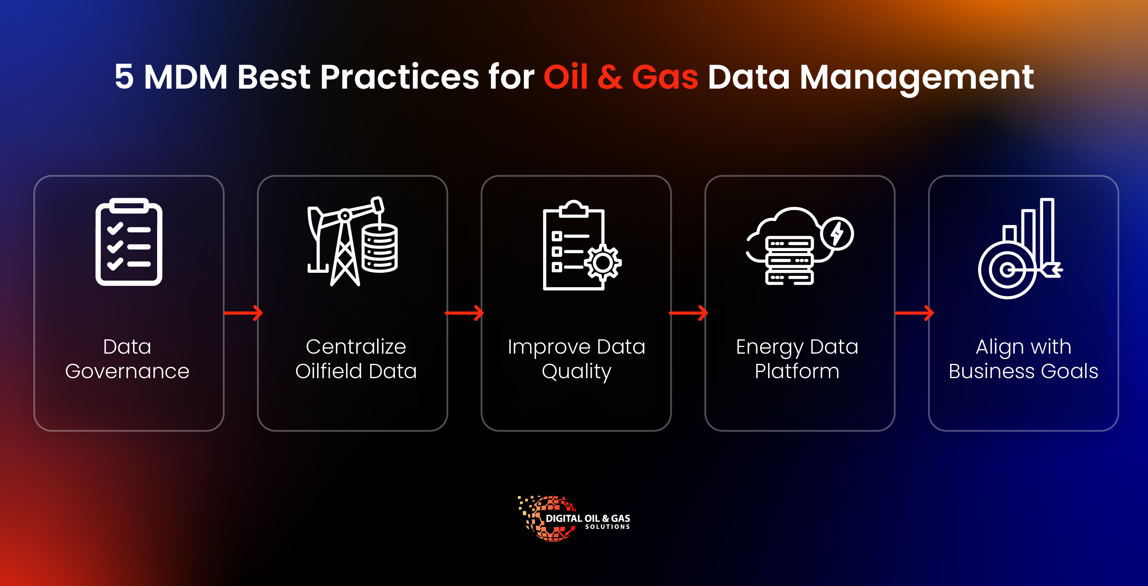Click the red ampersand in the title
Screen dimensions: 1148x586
610,77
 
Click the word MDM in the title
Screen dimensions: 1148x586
185,77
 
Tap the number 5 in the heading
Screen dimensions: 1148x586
124,77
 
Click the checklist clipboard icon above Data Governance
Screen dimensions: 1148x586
129,241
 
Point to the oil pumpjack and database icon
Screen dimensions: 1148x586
352,241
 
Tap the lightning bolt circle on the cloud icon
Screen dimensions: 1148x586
837,234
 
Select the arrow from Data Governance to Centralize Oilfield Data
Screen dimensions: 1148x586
243,313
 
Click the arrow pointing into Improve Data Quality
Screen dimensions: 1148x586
464,313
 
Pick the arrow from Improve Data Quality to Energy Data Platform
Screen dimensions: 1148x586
688,313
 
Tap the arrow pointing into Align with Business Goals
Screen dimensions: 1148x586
915,313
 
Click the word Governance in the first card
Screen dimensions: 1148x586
127,371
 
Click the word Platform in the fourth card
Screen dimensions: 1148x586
797,371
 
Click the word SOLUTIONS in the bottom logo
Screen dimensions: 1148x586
607,527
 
